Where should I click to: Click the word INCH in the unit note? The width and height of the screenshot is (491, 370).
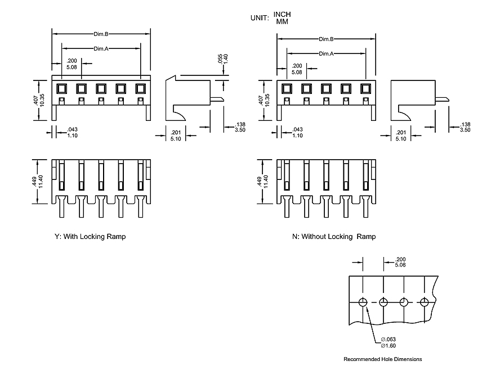click(x=282, y=13)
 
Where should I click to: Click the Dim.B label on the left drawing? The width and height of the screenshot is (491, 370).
click(x=101, y=34)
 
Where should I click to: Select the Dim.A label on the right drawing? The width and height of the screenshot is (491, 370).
click(x=326, y=53)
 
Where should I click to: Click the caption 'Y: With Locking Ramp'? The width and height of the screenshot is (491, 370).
click(x=91, y=237)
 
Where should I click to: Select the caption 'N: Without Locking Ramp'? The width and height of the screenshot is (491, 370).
click(x=334, y=237)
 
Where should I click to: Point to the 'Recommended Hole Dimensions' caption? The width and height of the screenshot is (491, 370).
click(x=382, y=359)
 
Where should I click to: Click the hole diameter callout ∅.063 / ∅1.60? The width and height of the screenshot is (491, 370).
click(x=389, y=342)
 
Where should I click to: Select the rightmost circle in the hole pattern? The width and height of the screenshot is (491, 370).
click(x=425, y=302)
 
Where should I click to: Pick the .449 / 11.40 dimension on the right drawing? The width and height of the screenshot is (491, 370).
click(x=262, y=182)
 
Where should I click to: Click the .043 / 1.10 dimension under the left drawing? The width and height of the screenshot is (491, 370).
click(x=72, y=132)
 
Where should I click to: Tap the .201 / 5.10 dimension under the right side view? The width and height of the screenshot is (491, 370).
click(x=400, y=135)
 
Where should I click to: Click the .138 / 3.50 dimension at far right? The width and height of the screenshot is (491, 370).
click(x=465, y=127)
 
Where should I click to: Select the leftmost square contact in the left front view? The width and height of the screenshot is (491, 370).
click(x=61, y=88)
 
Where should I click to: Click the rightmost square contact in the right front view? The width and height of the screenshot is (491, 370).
click(x=365, y=88)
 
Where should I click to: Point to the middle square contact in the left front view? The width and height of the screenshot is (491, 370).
click(x=101, y=88)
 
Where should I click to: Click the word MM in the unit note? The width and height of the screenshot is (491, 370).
click(x=282, y=21)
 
